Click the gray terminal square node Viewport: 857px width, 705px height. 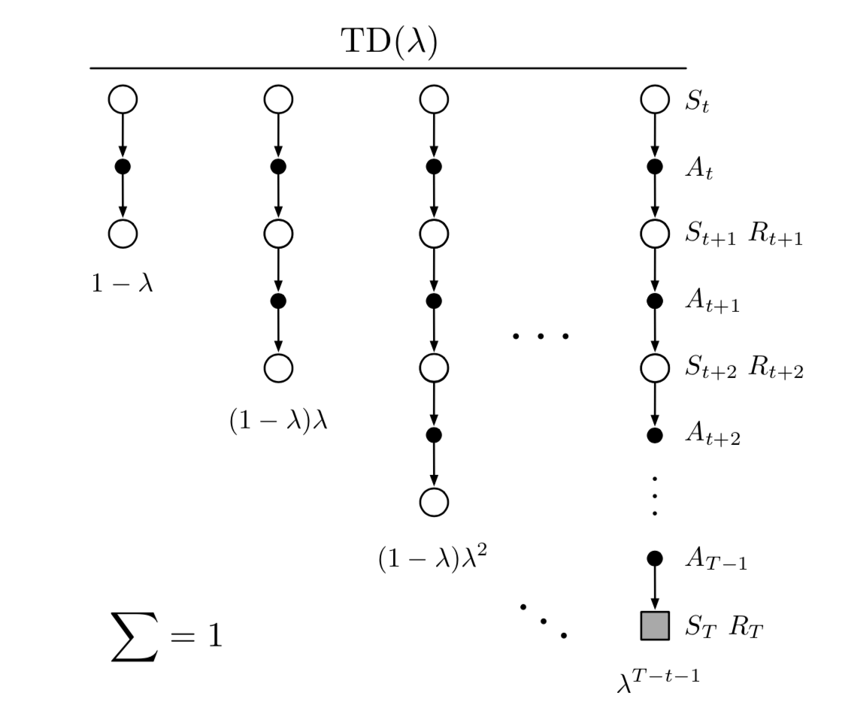[654, 625]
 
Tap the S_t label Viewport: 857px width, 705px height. [696, 101]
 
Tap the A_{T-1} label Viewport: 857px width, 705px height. [715, 561]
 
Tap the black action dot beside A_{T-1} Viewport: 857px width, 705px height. [654, 558]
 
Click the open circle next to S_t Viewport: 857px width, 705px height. [654, 99]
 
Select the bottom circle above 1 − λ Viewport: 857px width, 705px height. [123, 233]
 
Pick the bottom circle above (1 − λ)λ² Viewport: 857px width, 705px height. [434, 501]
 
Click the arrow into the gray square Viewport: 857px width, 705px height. [654, 590]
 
